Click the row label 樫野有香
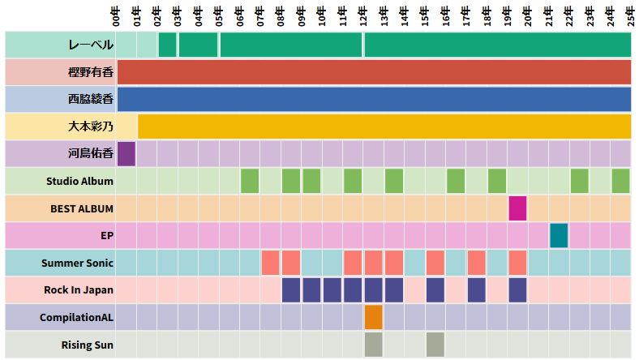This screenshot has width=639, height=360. [x=91, y=72]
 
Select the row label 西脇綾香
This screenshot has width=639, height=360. [x=91, y=100]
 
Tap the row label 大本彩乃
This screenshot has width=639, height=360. [x=91, y=127]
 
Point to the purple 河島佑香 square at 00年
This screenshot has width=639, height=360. [x=127, y=154]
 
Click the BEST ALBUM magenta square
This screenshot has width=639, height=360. [x=518, y=208]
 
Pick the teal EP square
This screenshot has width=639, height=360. [x=559, y=236]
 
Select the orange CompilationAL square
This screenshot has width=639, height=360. [x=373, y=317]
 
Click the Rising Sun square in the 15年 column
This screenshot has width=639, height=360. [x=435, y=345]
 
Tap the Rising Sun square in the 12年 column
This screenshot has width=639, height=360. [x=373, y=345]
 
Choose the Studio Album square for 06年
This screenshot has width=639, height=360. [x=250, y=181]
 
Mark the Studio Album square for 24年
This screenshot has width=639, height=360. [x=620, y=181]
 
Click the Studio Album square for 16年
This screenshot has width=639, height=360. [x=456, y=181]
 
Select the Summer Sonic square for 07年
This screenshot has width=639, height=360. [x=270, y=263]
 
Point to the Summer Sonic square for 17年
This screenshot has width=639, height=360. [x=477, y=263]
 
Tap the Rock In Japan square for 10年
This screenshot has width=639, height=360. [x=332, y=290]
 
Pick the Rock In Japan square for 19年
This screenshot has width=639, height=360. [x=518, y=290]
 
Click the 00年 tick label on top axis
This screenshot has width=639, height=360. [x=117, y=15]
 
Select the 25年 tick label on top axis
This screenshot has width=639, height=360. [x=631, y=15]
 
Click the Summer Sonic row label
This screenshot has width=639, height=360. [x=77, y=263]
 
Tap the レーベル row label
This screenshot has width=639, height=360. [x=91, y=45]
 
